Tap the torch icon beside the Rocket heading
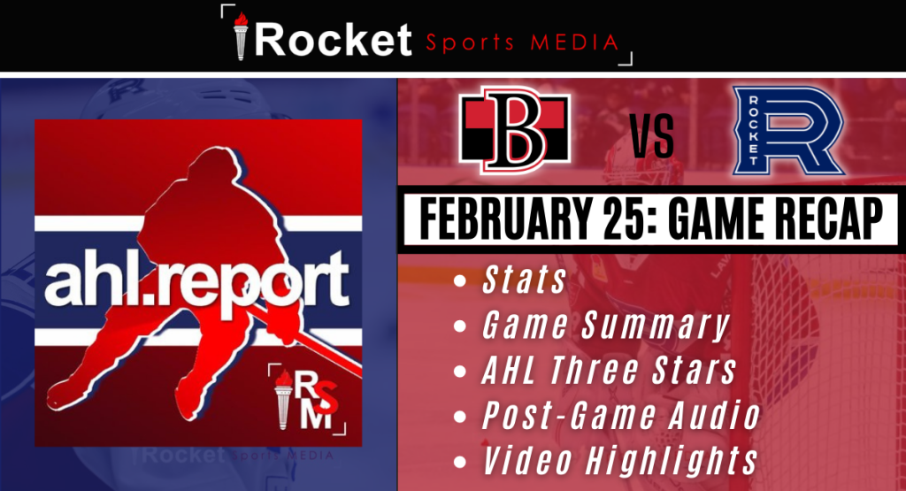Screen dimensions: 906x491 tap(241, 35)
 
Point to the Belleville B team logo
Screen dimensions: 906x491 tap(515, 131)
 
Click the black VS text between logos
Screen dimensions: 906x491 tap(652, 136)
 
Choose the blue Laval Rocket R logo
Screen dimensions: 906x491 tap(788, 131)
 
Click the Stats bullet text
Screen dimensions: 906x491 tap(524, 280)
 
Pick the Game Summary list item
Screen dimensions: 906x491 tap(605, 326)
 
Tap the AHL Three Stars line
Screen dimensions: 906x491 tap(609, 371)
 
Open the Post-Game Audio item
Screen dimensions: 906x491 tap(621, 415)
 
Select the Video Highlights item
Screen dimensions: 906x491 tap(619, 460)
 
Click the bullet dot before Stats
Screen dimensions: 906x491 tap(460, 281)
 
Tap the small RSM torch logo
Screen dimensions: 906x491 tap(307, 399)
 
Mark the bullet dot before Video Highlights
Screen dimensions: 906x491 tap(460, 462)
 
